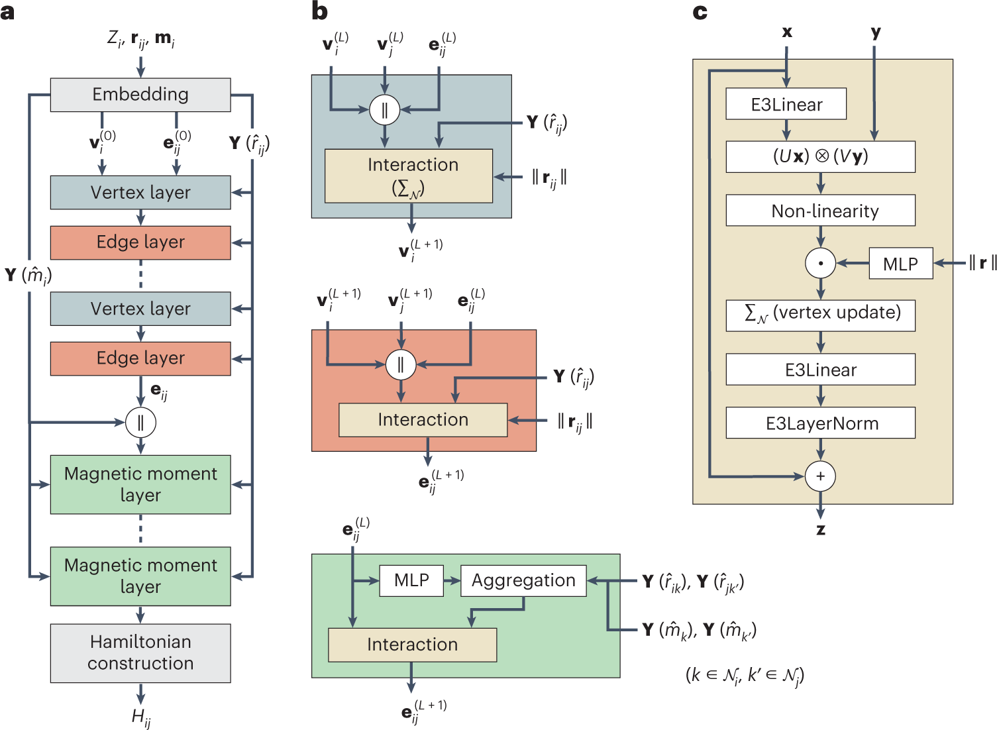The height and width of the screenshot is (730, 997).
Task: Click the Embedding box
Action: pyautogui.click(x=140, y=95)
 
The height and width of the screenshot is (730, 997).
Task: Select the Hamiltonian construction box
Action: pyautogui.click(x=140, y=652)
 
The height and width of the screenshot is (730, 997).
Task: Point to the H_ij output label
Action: pyautogui.click(x=140, y=717)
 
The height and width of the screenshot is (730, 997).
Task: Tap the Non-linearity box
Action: pyautogui.click(x=820, y=211)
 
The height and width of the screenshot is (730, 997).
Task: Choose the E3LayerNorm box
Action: pyautogui.click(x=820, y=423)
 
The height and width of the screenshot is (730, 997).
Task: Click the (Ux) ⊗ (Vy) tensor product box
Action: pyautogui.click(x=820, y=157)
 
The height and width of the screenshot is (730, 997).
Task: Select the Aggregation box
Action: pyautogui.click(x=523, y=580)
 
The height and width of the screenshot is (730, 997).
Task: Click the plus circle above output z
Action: pyautogui.click(x=820, y=476)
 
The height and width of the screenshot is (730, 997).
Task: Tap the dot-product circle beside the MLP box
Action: pyautogui.click(x=820, y=263)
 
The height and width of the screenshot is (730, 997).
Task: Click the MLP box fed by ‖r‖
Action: pyautogui.click(x=900, y=264)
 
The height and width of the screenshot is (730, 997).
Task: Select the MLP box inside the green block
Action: pyautogui.click(x=411, y=580)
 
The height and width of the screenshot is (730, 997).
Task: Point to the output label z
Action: pyautogui.click(x=821, y=529)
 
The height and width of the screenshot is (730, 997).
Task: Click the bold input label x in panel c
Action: pyautogui.click(x=786, y=32)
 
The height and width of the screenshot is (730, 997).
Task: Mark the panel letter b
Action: pyautogui.click(x=319, y=11)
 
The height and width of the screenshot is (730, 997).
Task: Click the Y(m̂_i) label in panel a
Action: pyautogui.click(x=28, y=275)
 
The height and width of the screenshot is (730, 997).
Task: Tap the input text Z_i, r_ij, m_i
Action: pyautogui.click(x=140, y=39)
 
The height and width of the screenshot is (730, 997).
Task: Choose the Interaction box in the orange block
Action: pyautogui.click(x=423, y=420)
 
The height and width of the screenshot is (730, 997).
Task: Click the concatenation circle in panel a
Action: pyautogui.click(x=140, y=422)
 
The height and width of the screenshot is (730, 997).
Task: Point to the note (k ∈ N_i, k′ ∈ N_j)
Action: pyautogui.click(x=745, y=675)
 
